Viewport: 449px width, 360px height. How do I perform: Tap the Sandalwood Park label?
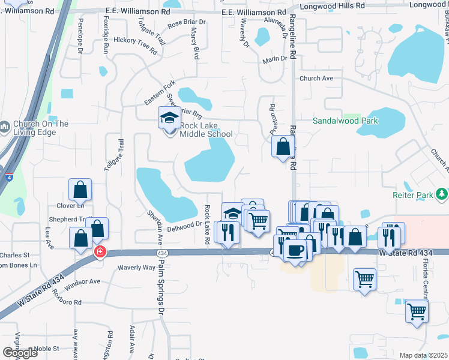pos(345,121)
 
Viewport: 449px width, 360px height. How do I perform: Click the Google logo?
pos(20,353)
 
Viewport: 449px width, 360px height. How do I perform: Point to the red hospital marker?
pos(100,252)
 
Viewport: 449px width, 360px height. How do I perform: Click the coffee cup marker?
pos(294,250)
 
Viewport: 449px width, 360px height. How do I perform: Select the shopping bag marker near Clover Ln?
pos(80,191)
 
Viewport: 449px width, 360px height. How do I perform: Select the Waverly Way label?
pos(136,267)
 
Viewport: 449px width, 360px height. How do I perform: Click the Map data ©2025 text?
pos(423,355)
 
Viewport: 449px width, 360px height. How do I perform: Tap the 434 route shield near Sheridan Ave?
pos(162,254)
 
